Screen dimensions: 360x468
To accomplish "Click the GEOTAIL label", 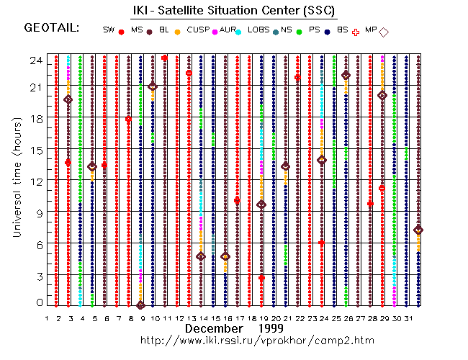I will [x=52, y=29].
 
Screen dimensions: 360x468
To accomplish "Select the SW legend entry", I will [x=109, y=30].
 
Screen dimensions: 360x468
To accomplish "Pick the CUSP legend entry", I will [x=198, y=30].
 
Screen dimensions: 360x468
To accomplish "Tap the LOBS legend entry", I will [x=258, y=30].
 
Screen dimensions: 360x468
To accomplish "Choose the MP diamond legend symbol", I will [x=384, y=32].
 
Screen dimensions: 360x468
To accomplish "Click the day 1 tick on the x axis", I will [x=47, y=318].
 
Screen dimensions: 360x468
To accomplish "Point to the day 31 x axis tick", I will [x=407, y=318].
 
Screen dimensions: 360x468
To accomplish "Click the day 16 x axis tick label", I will [x=226, y=318].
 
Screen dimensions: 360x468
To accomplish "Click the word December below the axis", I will [x=214, y=328].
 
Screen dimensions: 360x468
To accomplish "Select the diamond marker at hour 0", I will [x=140, y=305].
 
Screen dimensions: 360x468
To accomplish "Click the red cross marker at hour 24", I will [x=165, y=58].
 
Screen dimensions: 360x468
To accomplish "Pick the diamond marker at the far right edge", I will [x=419, y=230].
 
